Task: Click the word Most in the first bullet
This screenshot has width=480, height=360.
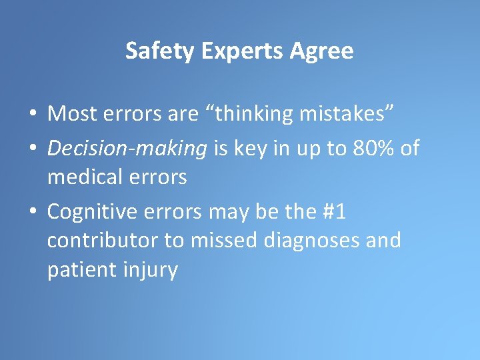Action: (x=72, y=114)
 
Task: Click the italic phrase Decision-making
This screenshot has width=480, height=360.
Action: (x=127, y=148)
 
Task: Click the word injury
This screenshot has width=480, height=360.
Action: (x=152, y=269)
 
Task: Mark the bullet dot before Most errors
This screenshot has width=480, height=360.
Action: (x=32, y=115)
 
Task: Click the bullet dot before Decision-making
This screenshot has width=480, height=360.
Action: (x=32, y=149)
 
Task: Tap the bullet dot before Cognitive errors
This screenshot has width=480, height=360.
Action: (x=32, y=212)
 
